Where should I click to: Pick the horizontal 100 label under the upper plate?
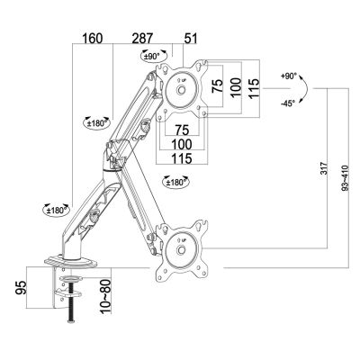pyautogui.click(x=182, y=144)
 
